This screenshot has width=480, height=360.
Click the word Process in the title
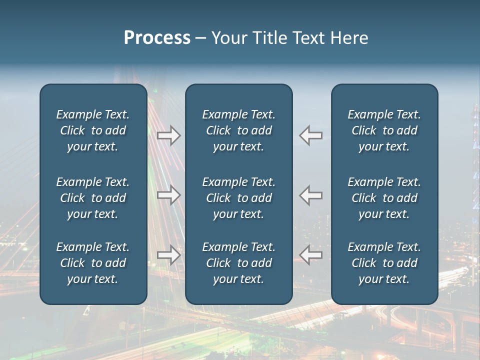[157, 38]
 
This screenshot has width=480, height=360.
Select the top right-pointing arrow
[168, 135]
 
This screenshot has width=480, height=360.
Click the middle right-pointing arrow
[168, 194]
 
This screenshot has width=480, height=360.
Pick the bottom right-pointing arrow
[168, 255]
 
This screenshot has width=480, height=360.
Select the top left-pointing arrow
[311, 135]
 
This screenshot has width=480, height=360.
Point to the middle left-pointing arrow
[311, 194]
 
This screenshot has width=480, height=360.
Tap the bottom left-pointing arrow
[311, 255]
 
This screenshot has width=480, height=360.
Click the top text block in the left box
[93, 130]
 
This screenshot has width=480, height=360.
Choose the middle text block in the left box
[93, 198]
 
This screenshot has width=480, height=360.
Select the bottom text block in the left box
[93, 263]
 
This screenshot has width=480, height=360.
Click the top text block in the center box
[238, 130]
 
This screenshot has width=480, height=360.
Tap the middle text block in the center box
[238, 198]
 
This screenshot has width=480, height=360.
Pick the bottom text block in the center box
[238, 263]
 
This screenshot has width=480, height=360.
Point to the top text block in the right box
[384, 130]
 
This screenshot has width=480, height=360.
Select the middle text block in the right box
[384, 198]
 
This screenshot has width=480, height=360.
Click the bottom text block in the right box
[384, 263]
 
